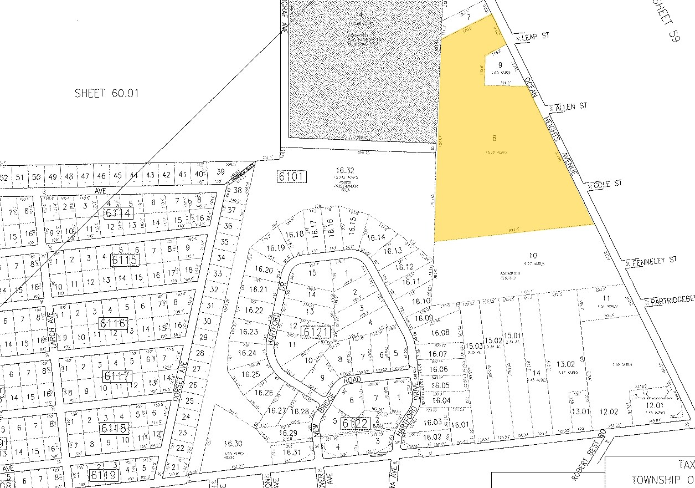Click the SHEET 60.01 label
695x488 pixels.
106,94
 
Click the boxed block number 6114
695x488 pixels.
118,213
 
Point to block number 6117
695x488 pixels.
117,376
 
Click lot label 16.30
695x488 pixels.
233,443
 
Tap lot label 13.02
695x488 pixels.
565,364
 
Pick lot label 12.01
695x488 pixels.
655,405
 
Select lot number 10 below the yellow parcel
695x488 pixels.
532,256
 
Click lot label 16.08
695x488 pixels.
440,333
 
